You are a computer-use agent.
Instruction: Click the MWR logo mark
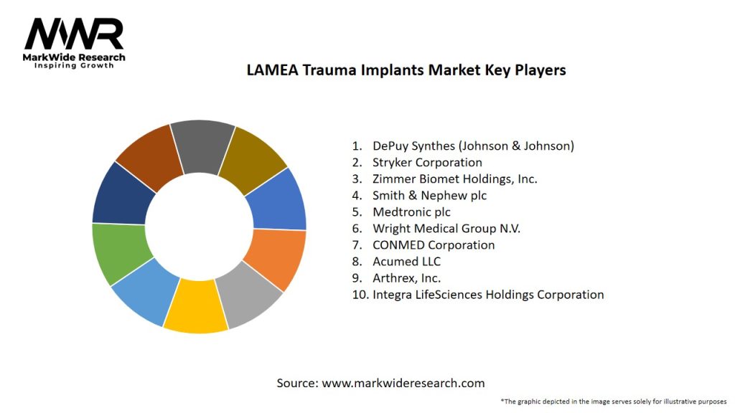point(74,34)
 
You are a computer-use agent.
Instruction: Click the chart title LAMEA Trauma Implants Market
point(406,70)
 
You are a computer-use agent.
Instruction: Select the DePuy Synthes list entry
point(473,146)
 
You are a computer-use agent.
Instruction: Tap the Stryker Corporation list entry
point(427,162)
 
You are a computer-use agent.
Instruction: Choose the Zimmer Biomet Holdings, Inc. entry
point(454,179)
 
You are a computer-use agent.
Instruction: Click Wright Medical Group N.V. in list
point(446,228)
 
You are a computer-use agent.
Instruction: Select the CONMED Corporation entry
point(434,245)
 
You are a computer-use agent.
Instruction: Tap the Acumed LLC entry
point(406,261)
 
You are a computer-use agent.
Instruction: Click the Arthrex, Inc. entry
point(406,277)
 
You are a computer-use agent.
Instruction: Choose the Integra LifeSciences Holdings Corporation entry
point(488,294)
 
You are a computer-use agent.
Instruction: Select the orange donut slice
point(276,257)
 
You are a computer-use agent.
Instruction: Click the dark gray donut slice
point(202,146)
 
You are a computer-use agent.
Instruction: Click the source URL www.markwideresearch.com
point(403,383)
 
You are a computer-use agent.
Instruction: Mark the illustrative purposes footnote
point(614,401)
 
